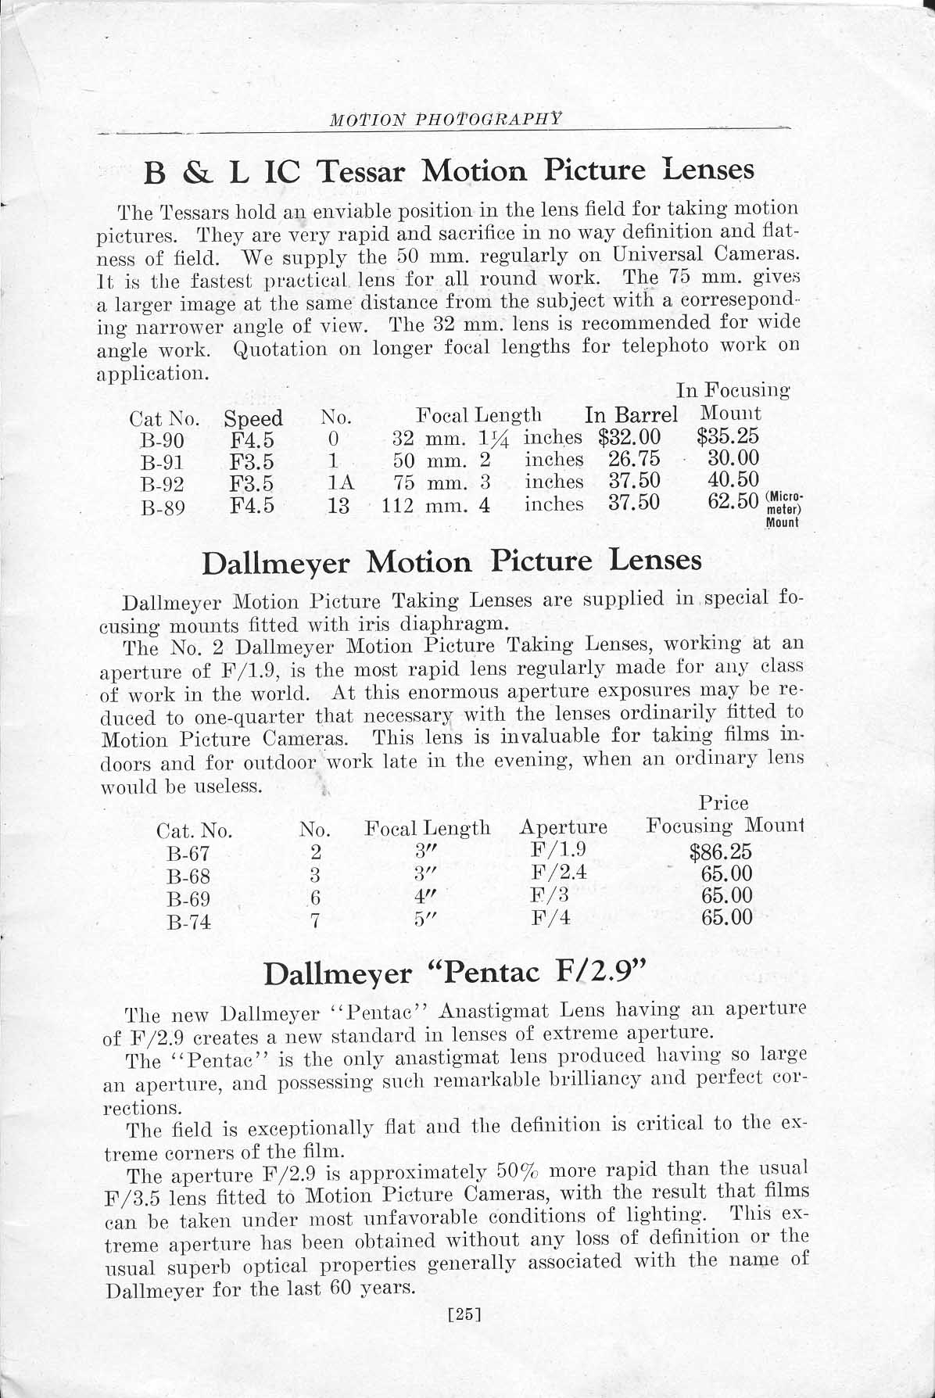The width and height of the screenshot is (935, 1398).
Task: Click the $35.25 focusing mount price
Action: pos(728,436)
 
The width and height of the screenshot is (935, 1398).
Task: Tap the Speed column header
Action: pos(253,419)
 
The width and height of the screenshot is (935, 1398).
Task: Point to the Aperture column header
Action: pos(563,827)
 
